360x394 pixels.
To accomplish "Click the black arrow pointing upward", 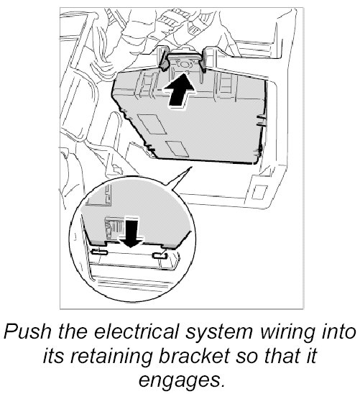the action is (x=179, y=91).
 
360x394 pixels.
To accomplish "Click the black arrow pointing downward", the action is (x=131, y=233).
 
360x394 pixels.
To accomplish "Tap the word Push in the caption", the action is (x=27, y=332).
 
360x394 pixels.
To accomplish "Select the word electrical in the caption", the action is (x=136, y=332).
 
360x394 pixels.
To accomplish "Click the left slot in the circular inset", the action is (x=99, y=252).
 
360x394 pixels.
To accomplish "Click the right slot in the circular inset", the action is (x=160, y=256).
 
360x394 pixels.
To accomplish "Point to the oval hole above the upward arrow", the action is (x=185, y=64).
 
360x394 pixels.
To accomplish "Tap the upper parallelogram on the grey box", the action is (x=152, y=124).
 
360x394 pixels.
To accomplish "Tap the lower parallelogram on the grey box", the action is (x=177, y=149).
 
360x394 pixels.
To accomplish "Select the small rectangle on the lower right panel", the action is (x=259, y=192).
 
